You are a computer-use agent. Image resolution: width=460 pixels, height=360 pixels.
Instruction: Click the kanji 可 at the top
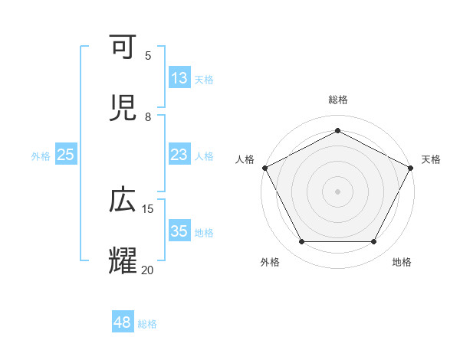point(125,48)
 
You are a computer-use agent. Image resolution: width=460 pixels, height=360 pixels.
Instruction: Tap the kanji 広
point(125,201)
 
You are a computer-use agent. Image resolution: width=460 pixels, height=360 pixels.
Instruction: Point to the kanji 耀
point(125,260)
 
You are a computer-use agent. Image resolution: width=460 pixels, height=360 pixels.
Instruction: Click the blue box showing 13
point(179,78)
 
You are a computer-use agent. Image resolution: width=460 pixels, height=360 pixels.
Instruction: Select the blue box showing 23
point(179,155)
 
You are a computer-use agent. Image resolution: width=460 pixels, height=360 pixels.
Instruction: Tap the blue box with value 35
point(179,231)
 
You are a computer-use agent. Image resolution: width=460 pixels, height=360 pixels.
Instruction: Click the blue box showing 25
point(66,155)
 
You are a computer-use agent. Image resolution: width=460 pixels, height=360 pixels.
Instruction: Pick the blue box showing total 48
point(123,322)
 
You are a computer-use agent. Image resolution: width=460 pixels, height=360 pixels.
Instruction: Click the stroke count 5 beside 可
point(148,55)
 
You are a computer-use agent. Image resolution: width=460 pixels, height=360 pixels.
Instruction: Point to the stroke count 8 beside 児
point(148,116)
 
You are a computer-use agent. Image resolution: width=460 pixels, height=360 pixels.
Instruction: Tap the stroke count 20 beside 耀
point(147,269)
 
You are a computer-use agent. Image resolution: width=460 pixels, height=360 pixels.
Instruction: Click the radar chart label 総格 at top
point(337,100)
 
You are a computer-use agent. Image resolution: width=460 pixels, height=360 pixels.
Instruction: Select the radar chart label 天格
point(431,159)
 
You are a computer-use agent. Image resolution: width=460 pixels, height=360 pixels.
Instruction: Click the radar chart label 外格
point(270,263)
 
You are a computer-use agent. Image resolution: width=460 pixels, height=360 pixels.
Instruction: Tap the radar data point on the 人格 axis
point(264,167)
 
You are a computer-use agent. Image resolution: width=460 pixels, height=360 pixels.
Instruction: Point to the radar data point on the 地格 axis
point(374,242)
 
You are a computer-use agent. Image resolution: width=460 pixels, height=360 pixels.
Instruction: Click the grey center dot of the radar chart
point(337,191)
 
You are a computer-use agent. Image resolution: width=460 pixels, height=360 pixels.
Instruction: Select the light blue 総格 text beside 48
point(147,324)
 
